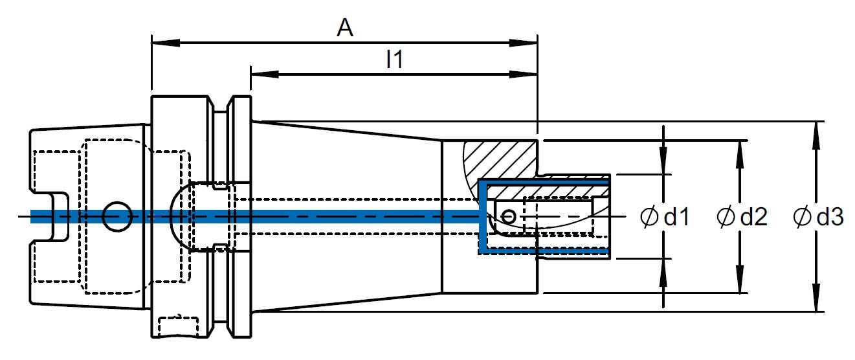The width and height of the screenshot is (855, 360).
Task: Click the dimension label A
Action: pyautogui.click(x=345, y=28)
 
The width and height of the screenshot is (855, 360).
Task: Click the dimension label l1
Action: pyautogui.click(x=394, y=60)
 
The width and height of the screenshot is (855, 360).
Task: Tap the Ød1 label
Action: pyautogui.click(x=665, y=217)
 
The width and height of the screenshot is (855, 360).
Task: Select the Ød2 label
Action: pyautogui.click(x=742, y=217)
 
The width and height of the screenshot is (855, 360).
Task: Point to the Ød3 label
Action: pyautogui.click(x=818, y=217)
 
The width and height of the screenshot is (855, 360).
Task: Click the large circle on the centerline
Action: pyautogui.click(x=118, y=216)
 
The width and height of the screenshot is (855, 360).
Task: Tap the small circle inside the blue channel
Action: pyautogui.click(x=509, y=216)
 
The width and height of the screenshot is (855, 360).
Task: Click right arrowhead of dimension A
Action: pyautogui.click(x=524, y=43)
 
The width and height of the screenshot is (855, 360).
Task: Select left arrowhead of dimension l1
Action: pyautogui.click(x=265, y=74)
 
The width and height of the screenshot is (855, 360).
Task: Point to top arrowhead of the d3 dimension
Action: pyautogui.click(x=816, y=136)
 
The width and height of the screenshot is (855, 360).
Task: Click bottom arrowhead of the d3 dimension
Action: pyautogui.click(x=816, y=297)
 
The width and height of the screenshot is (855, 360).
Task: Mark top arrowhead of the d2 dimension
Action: pyautogui.click(x=740, y=154)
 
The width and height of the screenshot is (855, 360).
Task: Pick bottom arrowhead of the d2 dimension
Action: pyautogui.click(x=740, y=279)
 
